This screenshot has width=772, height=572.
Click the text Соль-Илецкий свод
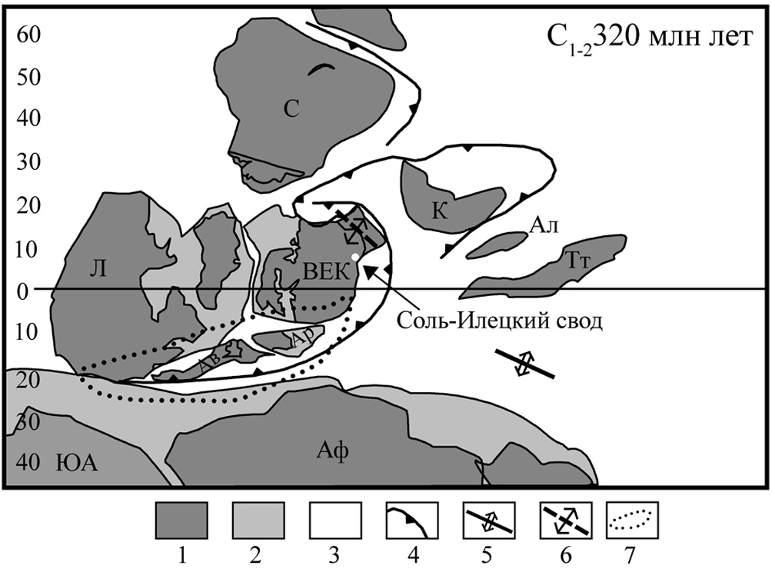pyautogui.click(x=501, y=321)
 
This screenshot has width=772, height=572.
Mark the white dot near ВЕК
pyautogui.click(x=354, y=256)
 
